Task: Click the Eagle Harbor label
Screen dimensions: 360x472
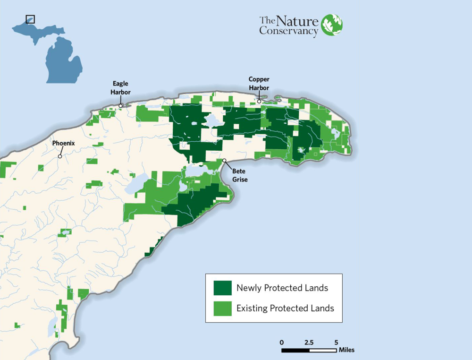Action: (x=120, y=88)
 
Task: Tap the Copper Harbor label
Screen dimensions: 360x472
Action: (x=259, y=84)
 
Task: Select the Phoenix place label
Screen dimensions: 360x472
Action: (x=63, y=143)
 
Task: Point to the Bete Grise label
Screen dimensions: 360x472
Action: (x=240, y=175)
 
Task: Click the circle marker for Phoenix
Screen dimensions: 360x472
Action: (x=60, y=156)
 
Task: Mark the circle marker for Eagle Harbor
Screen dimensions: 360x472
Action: (x=121, y=105)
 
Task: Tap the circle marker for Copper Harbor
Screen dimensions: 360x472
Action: (x=259, y=101)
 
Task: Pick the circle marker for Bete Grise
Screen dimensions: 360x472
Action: (x=225, y=161)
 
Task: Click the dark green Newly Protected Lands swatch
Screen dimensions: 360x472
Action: (x=222, y=288)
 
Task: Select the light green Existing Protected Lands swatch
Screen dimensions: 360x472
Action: (x=222, y=309)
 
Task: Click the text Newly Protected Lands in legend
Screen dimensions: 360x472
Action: (x=282, y=288)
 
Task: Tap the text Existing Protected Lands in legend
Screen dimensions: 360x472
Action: (x=285, y=309)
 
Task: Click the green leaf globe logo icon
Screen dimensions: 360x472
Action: (x=332, y=25)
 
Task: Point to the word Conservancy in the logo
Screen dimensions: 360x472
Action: (x=288, y=32)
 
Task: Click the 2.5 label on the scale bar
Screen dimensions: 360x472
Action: (x=309, y=342)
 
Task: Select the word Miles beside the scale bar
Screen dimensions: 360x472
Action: (x=346, y=351)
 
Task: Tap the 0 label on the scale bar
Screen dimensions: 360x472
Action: (x=282, y=342)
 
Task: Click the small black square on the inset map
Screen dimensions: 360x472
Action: (x=30, y=19)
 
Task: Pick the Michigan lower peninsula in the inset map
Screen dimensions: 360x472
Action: (x=64, y=59)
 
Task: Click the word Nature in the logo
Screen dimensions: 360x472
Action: (x=297, y=21)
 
